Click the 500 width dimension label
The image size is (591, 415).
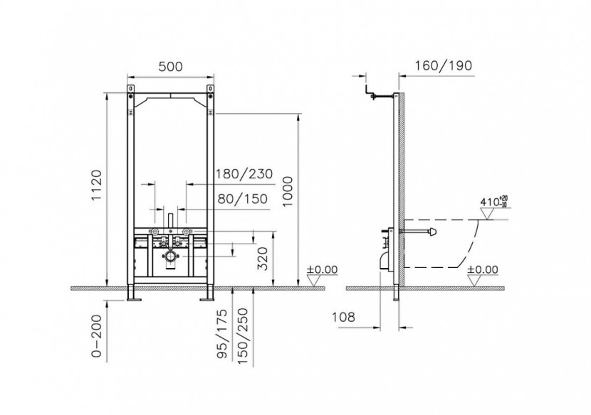[169, 66]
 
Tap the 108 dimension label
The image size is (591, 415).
[345, 318]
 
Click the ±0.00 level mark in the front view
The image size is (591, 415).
[320, 271]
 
